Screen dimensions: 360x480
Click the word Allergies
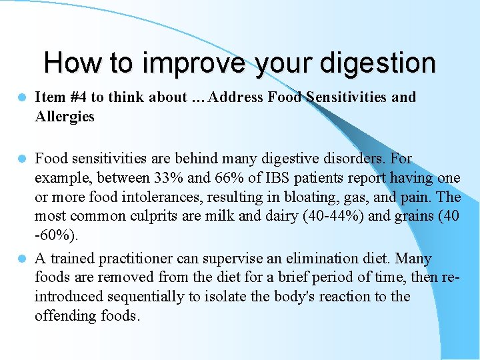pos(65,117)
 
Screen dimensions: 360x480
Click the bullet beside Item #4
pos(21,97)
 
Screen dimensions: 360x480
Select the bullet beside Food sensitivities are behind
pos(21,159)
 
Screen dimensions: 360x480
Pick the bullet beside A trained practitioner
pos(21,258)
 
